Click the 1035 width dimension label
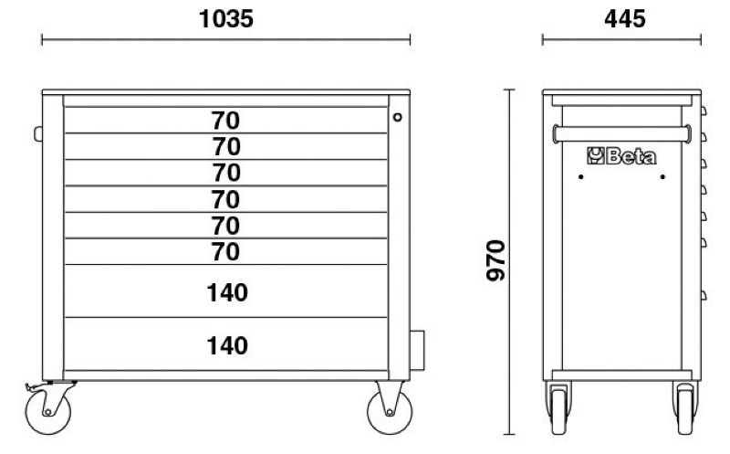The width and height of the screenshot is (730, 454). pyautogui.click(x=225, y=19)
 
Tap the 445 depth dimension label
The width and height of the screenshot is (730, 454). pyautogui.click(x=625, y=19)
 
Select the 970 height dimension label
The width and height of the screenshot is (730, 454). pyautogui.click(x=495, y=260)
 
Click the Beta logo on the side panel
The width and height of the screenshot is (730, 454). pyautogui.click(x=621, y=156)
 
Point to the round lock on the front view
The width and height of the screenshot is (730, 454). pyautogui.click(x=397, y=117)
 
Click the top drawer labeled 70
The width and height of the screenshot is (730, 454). pyautogui.click(x=225, y=121)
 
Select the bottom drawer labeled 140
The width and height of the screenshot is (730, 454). pyautogui.click(x=225, y=344)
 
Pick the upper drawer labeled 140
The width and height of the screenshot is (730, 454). pyautogui.click(x=225, y=290)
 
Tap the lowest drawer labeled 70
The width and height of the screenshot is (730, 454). pyautogui.click(x=225, y=252)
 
